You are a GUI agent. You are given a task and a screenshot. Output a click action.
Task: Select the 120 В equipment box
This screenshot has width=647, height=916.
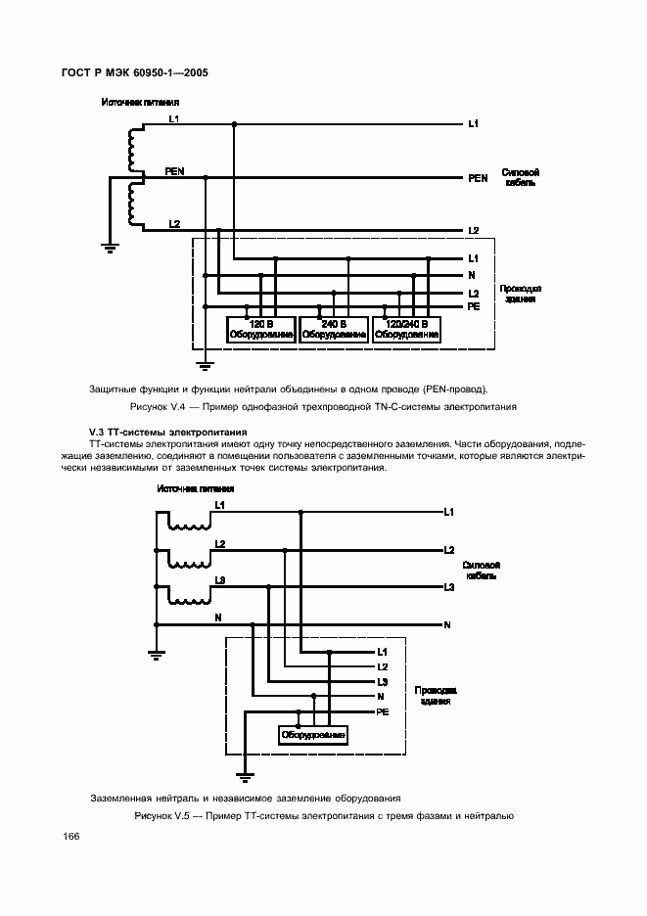point(260,329)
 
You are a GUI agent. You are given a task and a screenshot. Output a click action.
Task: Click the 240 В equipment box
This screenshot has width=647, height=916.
point(334,329)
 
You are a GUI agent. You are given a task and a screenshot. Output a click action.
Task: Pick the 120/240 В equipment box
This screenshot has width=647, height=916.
point(407,329)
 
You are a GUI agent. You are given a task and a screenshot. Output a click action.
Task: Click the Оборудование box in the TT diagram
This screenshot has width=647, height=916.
point(312,734)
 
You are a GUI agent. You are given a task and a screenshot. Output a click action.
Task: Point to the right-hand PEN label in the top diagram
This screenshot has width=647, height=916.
point(478,179)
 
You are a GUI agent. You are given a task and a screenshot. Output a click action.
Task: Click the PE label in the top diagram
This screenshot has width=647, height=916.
point(474,306)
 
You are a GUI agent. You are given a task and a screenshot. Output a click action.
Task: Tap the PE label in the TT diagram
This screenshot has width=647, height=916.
point(383,711)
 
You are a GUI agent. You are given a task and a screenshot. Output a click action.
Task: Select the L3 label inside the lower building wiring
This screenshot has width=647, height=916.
point(383,681)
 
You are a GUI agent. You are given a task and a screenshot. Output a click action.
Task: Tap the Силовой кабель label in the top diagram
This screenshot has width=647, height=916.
point(520,177)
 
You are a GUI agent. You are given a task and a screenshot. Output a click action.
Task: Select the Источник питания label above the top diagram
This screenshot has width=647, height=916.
point(133,102)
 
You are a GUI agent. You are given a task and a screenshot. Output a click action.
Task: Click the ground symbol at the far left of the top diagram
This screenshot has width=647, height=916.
point(111,248)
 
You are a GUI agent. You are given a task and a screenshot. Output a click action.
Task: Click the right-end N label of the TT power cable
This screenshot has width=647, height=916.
point(447,624)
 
